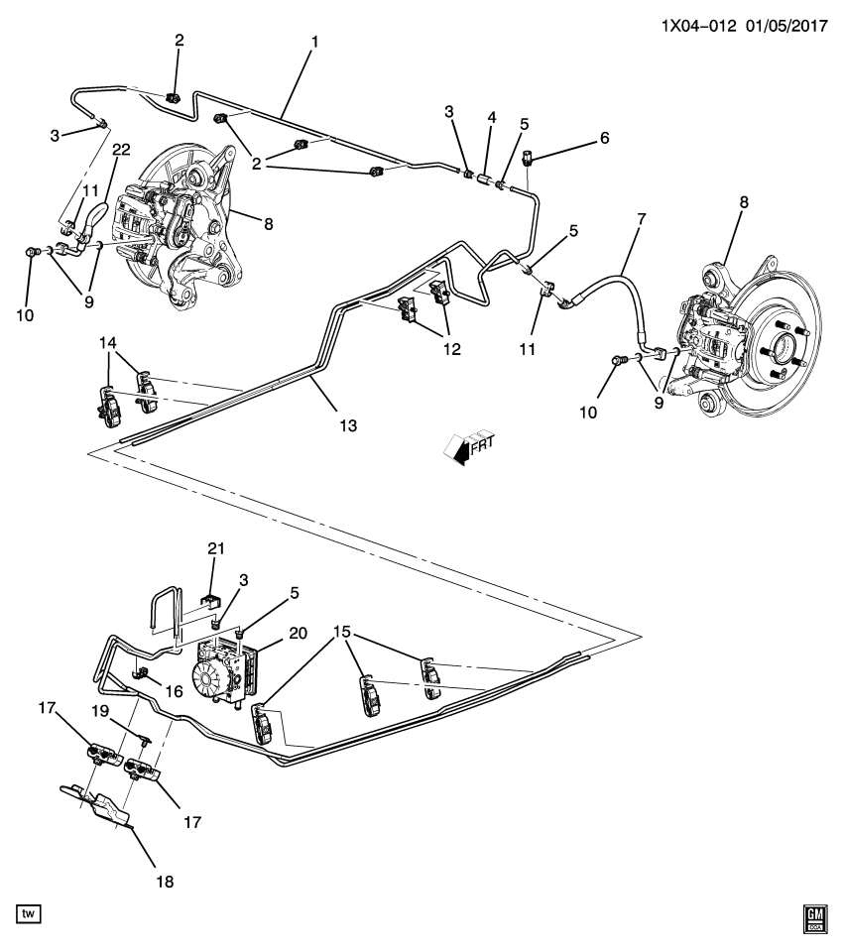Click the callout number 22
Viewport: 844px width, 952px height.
click(x=121, y=150)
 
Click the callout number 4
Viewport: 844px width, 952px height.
click(x=489, y=117)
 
